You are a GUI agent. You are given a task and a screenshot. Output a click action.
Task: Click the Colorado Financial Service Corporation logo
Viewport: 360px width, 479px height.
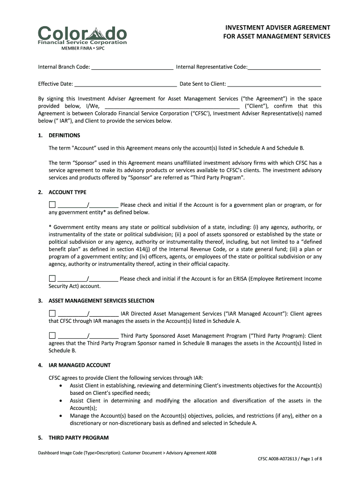[82, 36]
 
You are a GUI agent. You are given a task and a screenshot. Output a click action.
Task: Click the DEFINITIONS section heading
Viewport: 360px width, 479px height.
[65, 136]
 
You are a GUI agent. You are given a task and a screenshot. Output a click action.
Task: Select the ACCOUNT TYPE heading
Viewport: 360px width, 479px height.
[67, 192]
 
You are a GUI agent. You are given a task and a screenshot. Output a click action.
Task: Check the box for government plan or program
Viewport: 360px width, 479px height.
[52, 205]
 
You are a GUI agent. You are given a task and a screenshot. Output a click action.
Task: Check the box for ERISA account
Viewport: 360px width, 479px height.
[52, 279]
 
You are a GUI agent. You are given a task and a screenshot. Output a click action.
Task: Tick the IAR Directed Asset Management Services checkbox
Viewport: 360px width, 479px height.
[52, 314]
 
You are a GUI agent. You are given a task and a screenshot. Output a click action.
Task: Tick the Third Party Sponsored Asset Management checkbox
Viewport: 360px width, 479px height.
[52, 336]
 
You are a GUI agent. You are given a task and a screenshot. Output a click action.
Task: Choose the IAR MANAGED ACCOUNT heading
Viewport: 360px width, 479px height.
[79, 365]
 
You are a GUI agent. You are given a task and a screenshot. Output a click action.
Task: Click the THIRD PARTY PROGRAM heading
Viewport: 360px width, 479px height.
[79, 438]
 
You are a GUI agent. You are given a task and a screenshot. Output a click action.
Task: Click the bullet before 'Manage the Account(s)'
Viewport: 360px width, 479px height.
[62, 416]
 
